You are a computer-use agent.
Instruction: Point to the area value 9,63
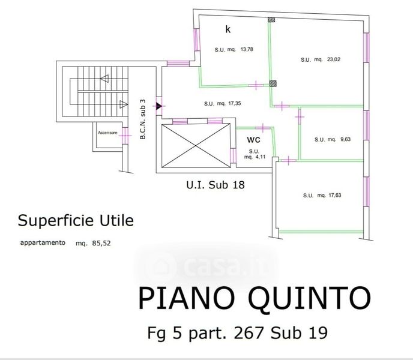coord(345,139)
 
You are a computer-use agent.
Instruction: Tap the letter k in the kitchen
coord(228,29)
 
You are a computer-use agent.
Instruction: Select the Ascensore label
coord(107,132)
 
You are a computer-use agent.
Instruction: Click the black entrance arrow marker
coord(159,106)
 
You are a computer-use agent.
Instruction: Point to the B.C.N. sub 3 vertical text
coord(143,119)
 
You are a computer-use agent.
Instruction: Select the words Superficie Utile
coord(76,220)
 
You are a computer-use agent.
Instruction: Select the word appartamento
coord(42,243)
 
